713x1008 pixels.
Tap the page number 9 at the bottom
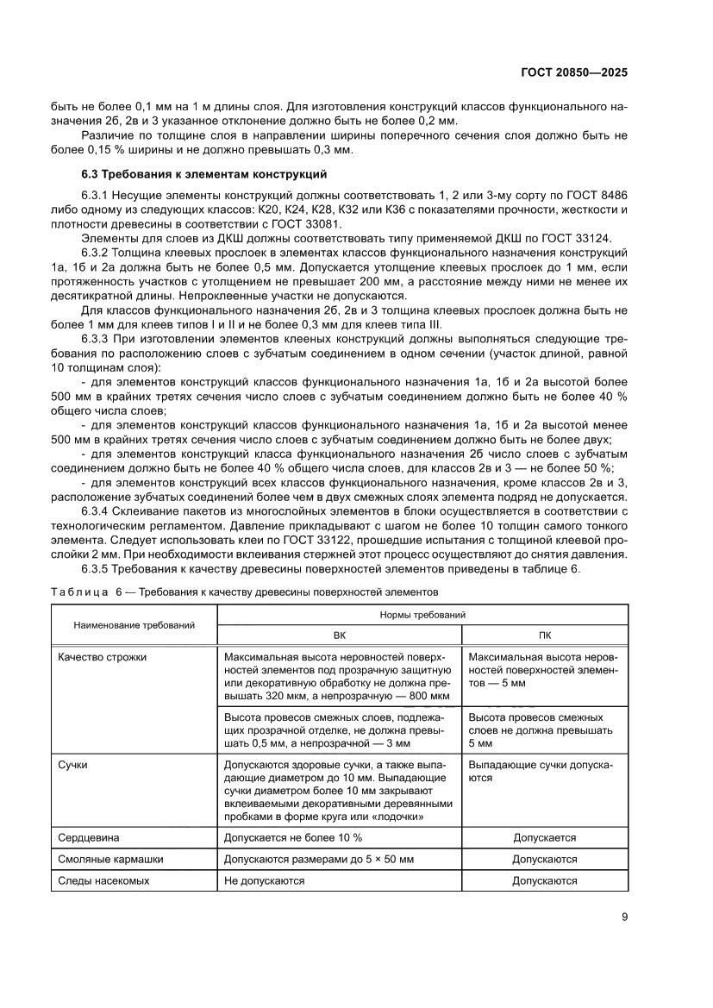pos(624,917)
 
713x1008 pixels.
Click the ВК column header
pos(339,634)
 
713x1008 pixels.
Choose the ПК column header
pos(545,634)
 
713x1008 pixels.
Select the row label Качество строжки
pos(103,657)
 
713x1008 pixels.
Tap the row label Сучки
pos(73,764)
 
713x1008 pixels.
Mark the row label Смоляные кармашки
pos(110,859)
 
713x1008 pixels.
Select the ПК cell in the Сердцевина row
pos(545,837)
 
